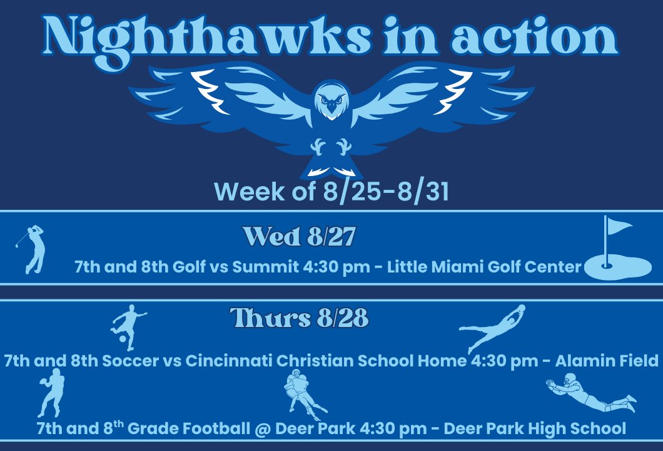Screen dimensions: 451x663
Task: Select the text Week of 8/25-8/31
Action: coord(331,192)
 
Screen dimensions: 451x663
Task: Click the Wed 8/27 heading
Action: coord(299,237)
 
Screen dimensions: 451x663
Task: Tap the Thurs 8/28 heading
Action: coord(299,319)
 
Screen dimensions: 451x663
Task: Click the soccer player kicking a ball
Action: coord(127,327)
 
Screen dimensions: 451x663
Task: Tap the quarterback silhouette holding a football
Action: coord(51,392)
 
